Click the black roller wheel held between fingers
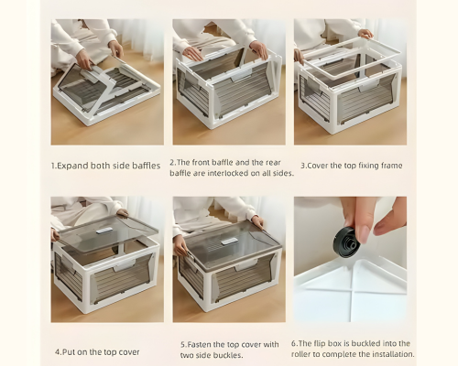[x=349, y=242]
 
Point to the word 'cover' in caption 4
[x=129, y=352]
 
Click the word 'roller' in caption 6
[x=302, y=354]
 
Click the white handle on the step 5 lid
[x=229, y=242]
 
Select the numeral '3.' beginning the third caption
[x=303, y=166]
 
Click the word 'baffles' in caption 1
[x=147, y=166]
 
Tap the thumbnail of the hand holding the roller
[x=350, y=259]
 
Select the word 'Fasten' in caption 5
[x=200, y=345]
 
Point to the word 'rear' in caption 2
[x=273, y=163]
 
